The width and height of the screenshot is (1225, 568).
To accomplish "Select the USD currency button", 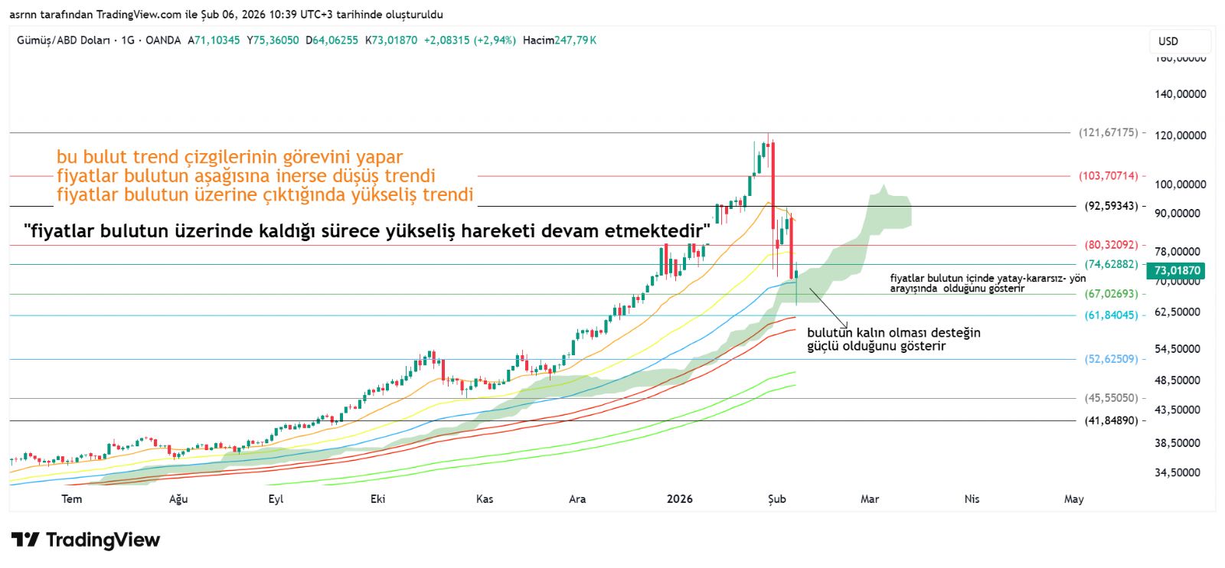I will point(1168,41).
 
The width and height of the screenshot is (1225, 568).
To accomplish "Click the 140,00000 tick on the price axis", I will point(1180,94).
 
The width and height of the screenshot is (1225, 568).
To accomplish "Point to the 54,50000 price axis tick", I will point(1177,349).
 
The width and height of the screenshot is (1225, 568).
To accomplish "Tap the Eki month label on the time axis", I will point(377,499).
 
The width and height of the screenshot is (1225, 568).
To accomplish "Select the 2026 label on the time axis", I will point(679,499).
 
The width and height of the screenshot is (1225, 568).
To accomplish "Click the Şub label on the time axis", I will point(776,499).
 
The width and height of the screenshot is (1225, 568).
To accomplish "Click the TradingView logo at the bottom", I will point(86,540).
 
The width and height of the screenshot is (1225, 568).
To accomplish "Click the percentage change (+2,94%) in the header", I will point(495,40).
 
